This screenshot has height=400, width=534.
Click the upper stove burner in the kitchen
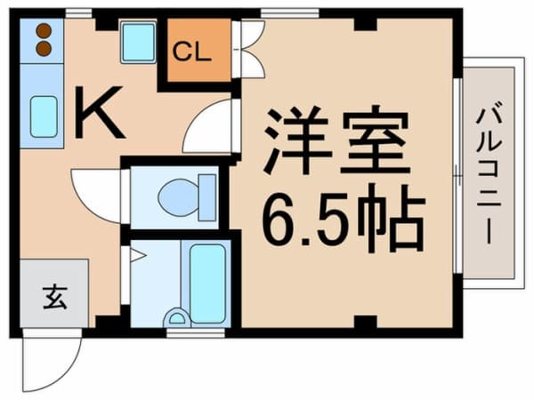pos(44,31)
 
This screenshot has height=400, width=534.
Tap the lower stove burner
pos(44,49)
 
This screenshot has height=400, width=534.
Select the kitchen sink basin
pos(44,116)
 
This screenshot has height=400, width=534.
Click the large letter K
pos(99,112)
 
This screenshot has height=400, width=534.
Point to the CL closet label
pos(191,52)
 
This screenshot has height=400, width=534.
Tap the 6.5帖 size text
pos(344,219)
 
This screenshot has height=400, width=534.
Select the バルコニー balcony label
pos(489,176)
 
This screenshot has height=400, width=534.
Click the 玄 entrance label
pos(55,297)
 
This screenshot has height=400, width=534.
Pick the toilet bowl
pos(178,197)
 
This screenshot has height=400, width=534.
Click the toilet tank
pos(207,197)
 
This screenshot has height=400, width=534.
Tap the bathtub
pos(207,284)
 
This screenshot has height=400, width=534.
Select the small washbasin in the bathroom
pos(176,317)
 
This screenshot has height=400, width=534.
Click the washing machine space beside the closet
pos(138,42)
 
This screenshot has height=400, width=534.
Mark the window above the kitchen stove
pos(78,13)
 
